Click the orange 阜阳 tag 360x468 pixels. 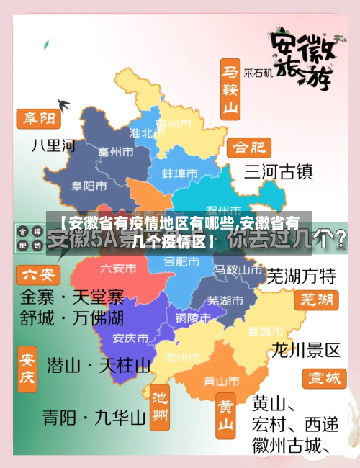pos(39,118)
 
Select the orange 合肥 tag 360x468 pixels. pos(249,148)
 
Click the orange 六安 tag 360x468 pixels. pos(39,274)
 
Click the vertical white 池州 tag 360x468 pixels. pos(159,408)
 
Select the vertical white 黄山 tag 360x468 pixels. pos(226,417)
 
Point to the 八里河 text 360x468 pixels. pos(53,145)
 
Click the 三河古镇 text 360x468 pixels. pos(278,171)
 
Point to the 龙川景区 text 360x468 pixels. pos(305,351)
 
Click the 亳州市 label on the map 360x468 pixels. pos(115,152)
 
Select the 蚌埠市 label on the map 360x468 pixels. pos(179,174)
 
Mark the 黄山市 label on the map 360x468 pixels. pos(222,380)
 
